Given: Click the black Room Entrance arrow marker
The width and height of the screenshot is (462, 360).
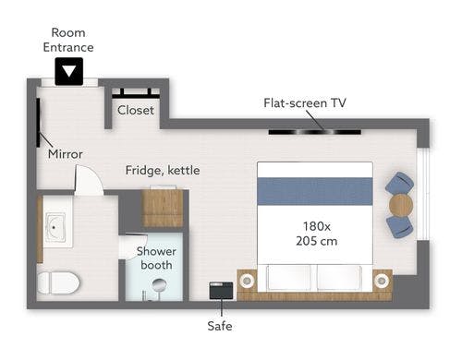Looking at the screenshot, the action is pyautogui.click(x=69, y=71).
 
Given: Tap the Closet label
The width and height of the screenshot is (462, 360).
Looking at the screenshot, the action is pyautogui.click(x=136, y=110).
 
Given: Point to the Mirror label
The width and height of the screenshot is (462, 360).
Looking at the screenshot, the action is pyautogui.click(x=66, y=154).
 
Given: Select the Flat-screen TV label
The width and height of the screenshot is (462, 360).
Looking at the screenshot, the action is pyautogui.click(x=305, y=103).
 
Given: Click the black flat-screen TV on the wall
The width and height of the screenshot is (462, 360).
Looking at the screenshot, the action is pyautogui.click(x=315, y=132).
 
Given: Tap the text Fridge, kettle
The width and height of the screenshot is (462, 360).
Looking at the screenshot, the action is pyautogui.click(x=163, y=170).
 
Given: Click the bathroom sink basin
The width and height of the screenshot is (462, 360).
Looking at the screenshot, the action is pyautogui.click(x=55, y=228).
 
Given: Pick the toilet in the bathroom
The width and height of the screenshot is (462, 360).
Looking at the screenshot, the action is pyautogui.click(x=58, y=283).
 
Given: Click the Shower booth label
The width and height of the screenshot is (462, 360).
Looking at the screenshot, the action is pyautogui.click(x=156, y=258).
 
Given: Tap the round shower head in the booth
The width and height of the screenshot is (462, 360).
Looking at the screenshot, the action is pyautogui.click(x=160, y=284).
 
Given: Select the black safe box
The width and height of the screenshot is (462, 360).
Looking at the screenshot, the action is pyautogui.click(x=221, y=291).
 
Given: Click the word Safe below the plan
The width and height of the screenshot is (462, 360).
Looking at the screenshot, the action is pyautogui.click(x=220, y=326).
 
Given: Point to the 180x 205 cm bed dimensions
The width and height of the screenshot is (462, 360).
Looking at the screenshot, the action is pyautogui.click(x=317, y=234).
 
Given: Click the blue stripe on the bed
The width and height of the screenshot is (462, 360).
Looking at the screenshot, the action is pyautogui.click(x=315, y=191).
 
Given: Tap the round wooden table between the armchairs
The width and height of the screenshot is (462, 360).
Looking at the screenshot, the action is pyautogui.click(x=401, y=204).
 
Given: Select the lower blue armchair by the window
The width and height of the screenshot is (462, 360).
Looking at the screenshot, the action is pyautogui.click(x=399, y=226).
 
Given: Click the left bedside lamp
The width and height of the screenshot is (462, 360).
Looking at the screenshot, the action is pyautogui.click(x=247, y=281).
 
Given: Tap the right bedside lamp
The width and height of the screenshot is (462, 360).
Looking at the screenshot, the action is pyautogui.click(x=382, y=281).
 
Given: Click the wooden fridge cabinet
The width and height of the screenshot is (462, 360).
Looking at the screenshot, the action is pyautogui.click(x=163, y=209).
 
